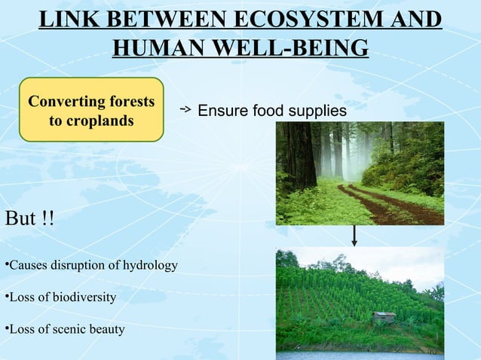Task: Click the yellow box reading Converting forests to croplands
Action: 91,110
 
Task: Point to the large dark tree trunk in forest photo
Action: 299,154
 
